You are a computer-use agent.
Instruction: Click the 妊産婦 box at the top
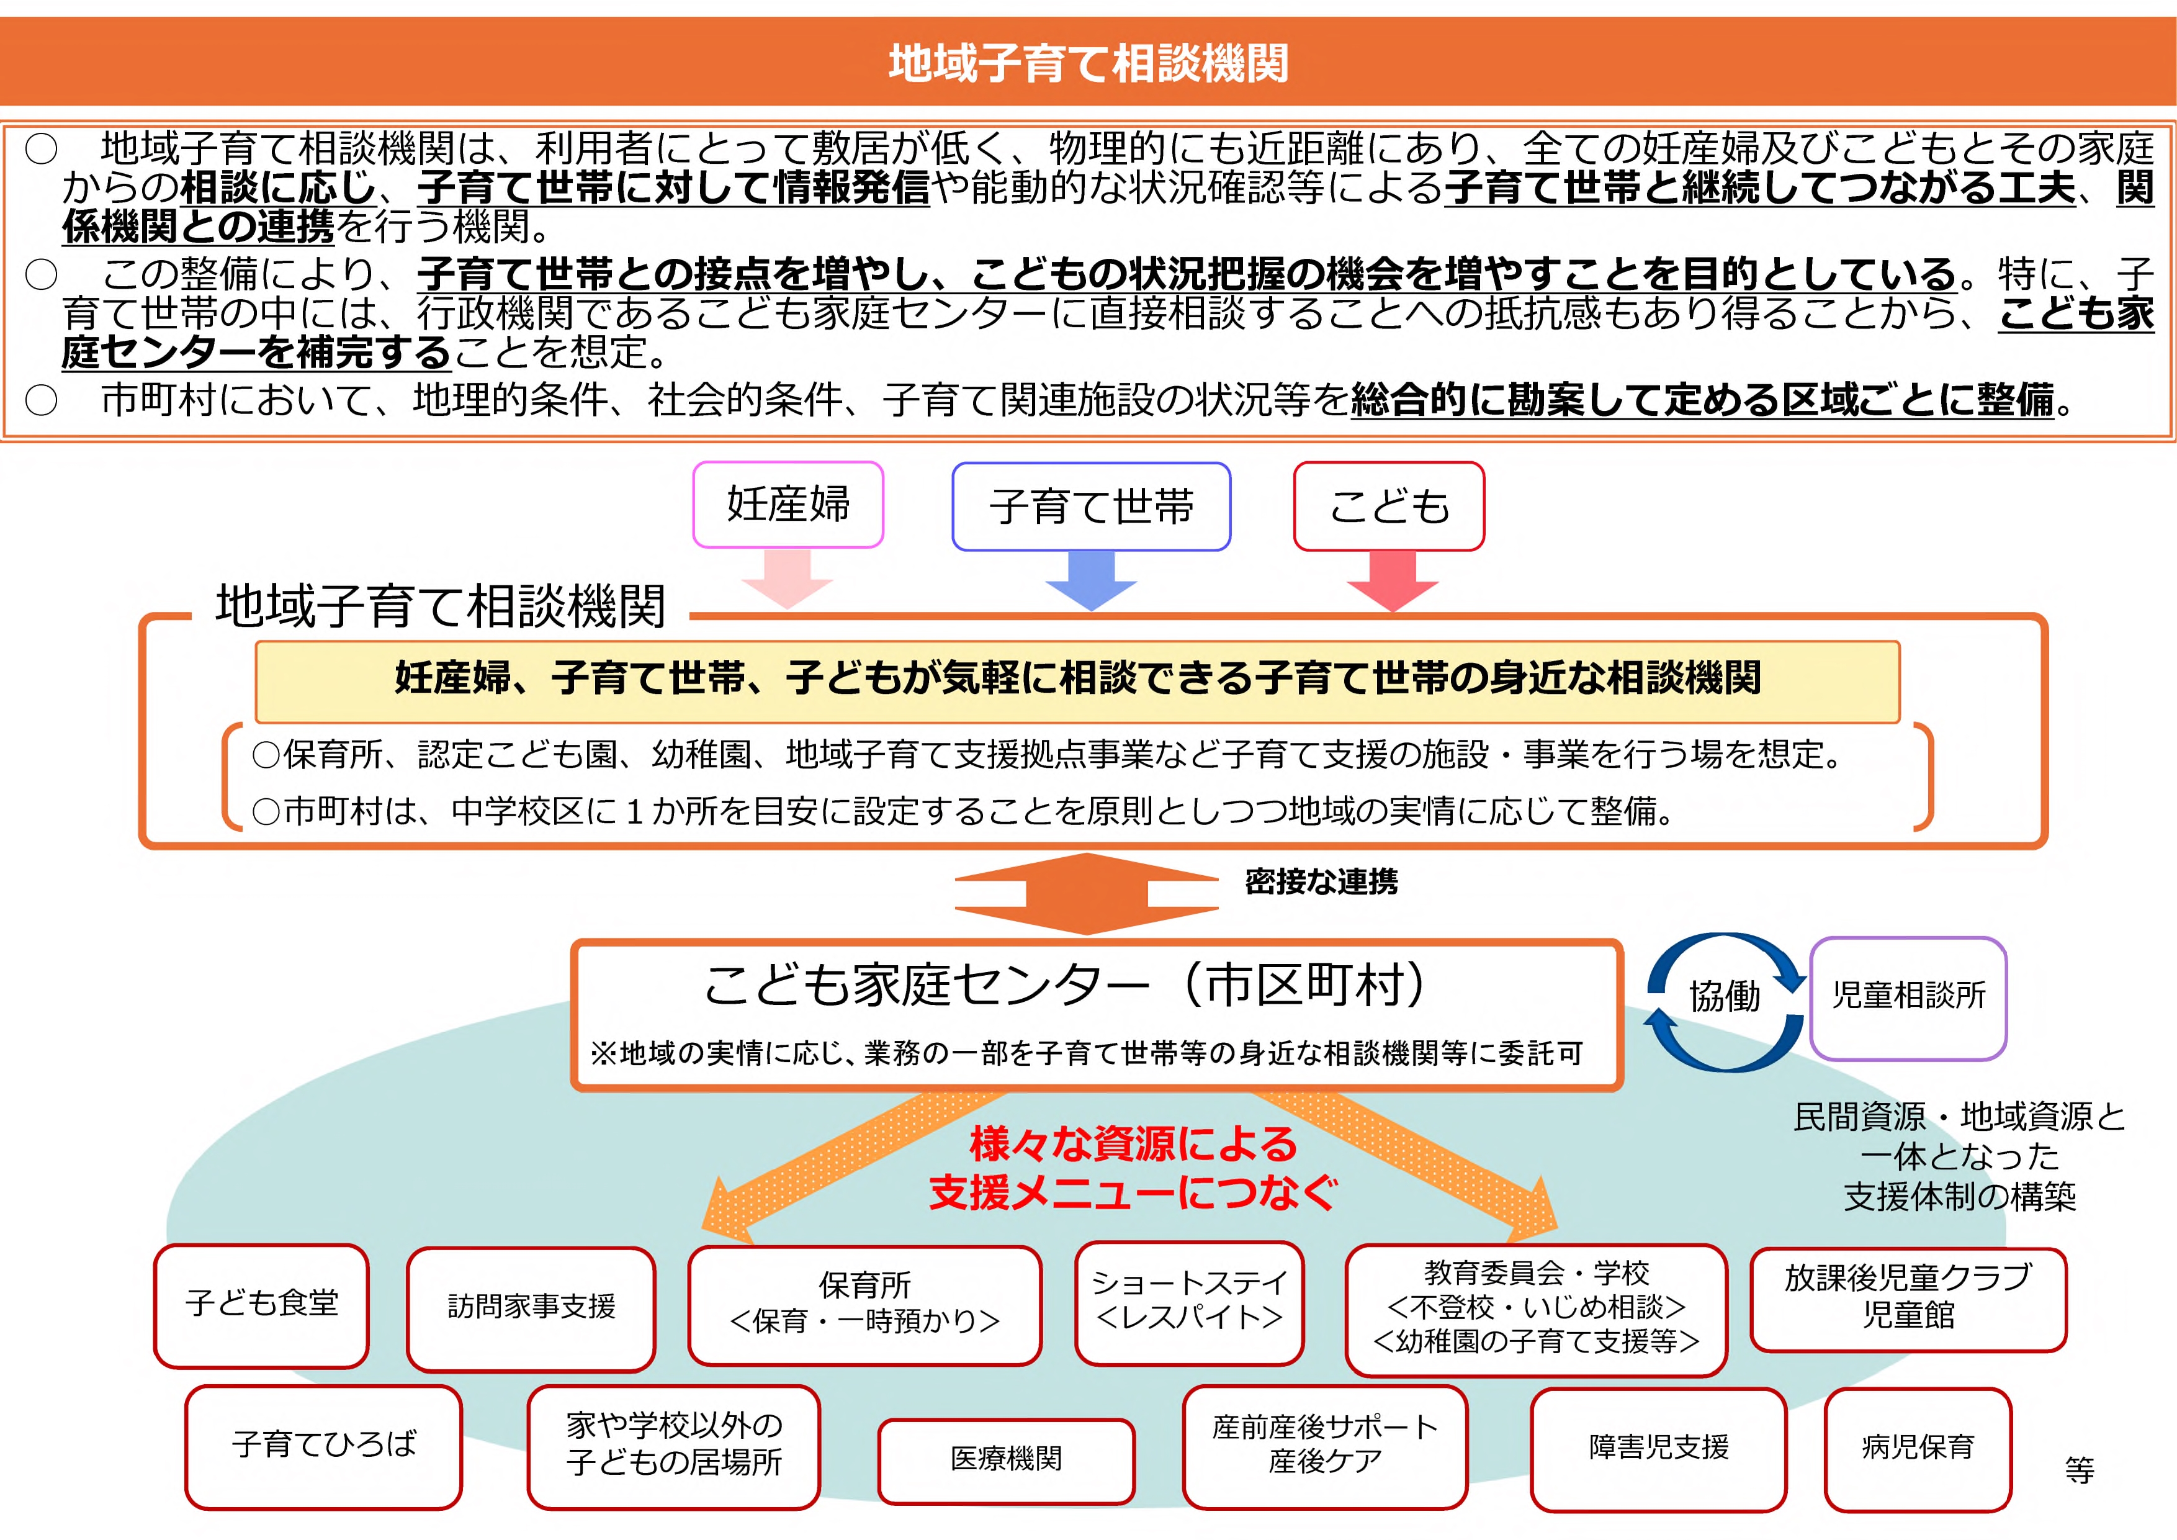(x=788, y=505)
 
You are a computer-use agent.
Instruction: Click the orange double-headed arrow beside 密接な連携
(x=1087, y=893)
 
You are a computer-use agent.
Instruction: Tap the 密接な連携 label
(x=1321, y=882)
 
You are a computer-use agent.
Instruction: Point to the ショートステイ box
(x=1189, y=1302)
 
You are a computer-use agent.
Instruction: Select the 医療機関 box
(x=1006, y=1461)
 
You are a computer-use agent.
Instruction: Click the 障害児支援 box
(x=1658, y=1449)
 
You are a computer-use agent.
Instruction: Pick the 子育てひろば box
(x=323, y=1447)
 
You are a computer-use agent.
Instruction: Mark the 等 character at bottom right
(x=2080, y=1470)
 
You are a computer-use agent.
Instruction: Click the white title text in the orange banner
(x=1088, y=63)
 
